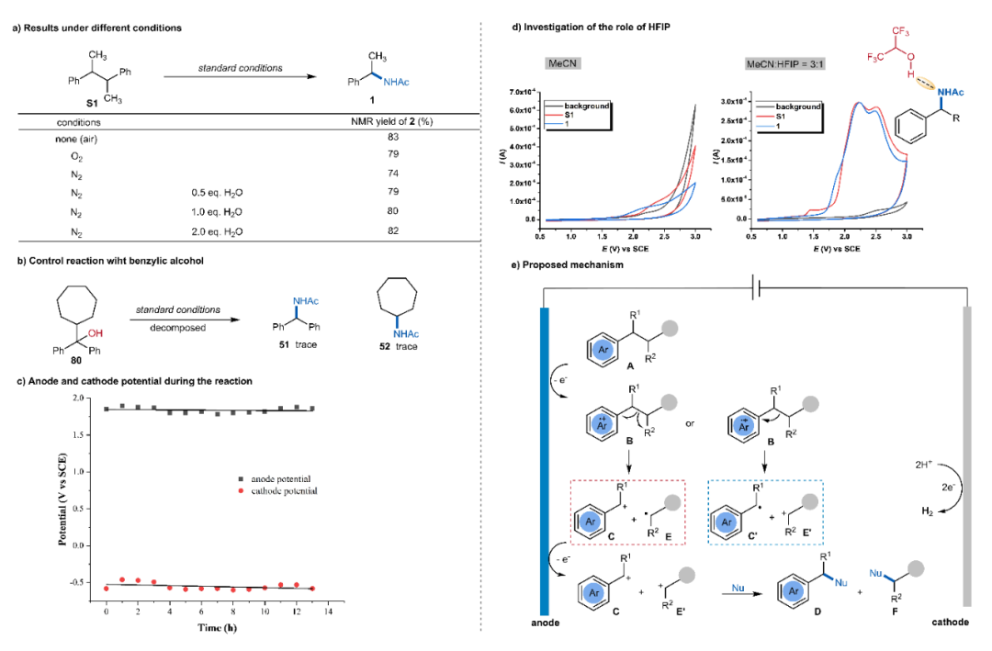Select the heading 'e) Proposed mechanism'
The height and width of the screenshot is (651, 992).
click(566, 265)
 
